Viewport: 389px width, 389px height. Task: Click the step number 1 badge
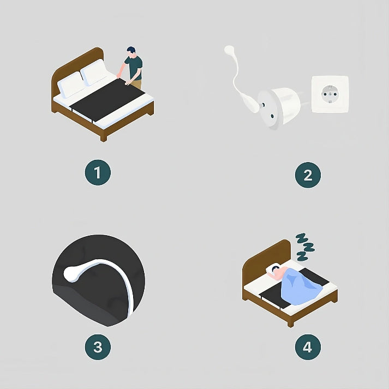98,172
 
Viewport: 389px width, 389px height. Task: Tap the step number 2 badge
308,175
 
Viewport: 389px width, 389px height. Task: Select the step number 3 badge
98,347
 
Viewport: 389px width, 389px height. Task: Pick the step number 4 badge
308,347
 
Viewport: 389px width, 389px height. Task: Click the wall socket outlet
330,94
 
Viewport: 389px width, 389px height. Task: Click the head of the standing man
131,52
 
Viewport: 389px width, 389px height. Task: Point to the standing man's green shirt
134,68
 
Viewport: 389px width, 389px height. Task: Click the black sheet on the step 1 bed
107,99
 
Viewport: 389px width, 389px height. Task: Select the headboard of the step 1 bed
77,67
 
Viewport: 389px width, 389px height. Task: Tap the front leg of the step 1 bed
104,138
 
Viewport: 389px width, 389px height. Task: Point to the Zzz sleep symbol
304,247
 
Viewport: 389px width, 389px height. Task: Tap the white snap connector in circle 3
72,274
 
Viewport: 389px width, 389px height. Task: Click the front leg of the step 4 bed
290,324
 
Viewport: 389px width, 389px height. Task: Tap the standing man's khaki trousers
137,84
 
